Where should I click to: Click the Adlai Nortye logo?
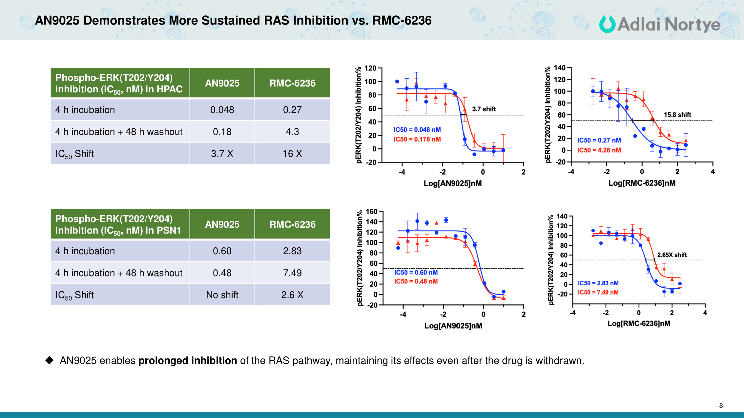660,24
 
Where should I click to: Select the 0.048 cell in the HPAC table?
222,110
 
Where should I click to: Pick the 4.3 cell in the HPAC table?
292,132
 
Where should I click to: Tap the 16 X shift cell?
292,154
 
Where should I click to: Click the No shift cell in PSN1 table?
222,295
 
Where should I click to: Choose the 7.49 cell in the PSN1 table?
292,273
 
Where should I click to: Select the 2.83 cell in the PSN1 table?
292,251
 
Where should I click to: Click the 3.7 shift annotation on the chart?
484,109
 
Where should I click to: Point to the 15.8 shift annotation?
677,115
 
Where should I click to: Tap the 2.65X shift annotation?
672,255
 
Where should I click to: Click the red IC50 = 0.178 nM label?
417,139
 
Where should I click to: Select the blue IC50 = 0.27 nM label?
599,140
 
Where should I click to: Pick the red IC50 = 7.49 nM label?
598,292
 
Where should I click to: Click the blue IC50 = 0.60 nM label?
416,273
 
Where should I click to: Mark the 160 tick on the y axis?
372,212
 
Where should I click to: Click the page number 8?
721,406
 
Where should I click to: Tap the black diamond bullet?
50,360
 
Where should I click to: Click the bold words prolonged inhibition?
188,361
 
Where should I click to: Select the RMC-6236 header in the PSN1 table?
292,224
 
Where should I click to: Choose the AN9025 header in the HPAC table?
222,83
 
